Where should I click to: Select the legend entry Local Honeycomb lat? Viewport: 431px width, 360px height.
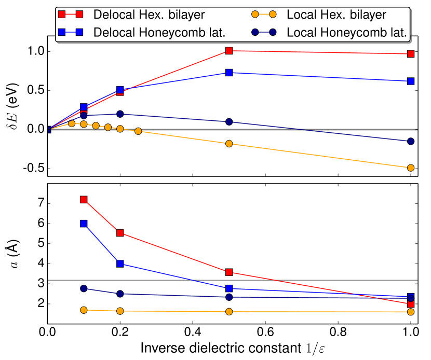346,32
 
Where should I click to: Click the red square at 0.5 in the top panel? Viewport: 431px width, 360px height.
229,51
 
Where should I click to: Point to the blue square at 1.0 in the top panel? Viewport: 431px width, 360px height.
411,81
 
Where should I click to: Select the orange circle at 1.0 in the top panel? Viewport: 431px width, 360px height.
411,168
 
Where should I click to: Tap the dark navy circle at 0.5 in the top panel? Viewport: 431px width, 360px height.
229,122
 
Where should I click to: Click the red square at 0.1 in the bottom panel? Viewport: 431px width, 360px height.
84,199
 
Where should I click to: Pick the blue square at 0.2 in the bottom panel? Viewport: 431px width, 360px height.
120,264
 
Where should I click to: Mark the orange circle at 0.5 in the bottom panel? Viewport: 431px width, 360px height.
229,312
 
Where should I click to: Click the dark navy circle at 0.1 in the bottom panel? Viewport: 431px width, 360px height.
84,288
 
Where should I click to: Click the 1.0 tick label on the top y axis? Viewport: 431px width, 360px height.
34,51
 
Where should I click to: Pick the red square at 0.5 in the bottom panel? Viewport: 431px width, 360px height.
229,272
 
